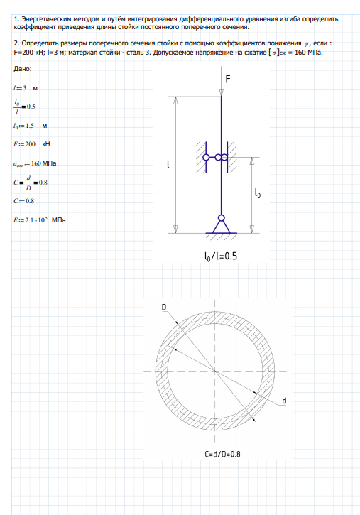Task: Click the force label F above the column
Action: click(x=228, y=79)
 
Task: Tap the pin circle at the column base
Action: click(x=222, y=218)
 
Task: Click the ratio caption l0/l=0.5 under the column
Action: click(x=221, y=256)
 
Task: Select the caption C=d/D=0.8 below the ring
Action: click(x=222, y=454)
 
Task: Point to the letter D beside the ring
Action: click(x=164, y=307)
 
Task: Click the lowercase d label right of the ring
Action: click(x=284, y=401)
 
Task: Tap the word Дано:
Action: click(x=23, y=69)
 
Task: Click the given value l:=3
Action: click(x=21, y=88)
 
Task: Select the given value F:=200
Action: click(x=25, y=144)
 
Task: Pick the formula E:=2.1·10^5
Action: click(x=31, y=220)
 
